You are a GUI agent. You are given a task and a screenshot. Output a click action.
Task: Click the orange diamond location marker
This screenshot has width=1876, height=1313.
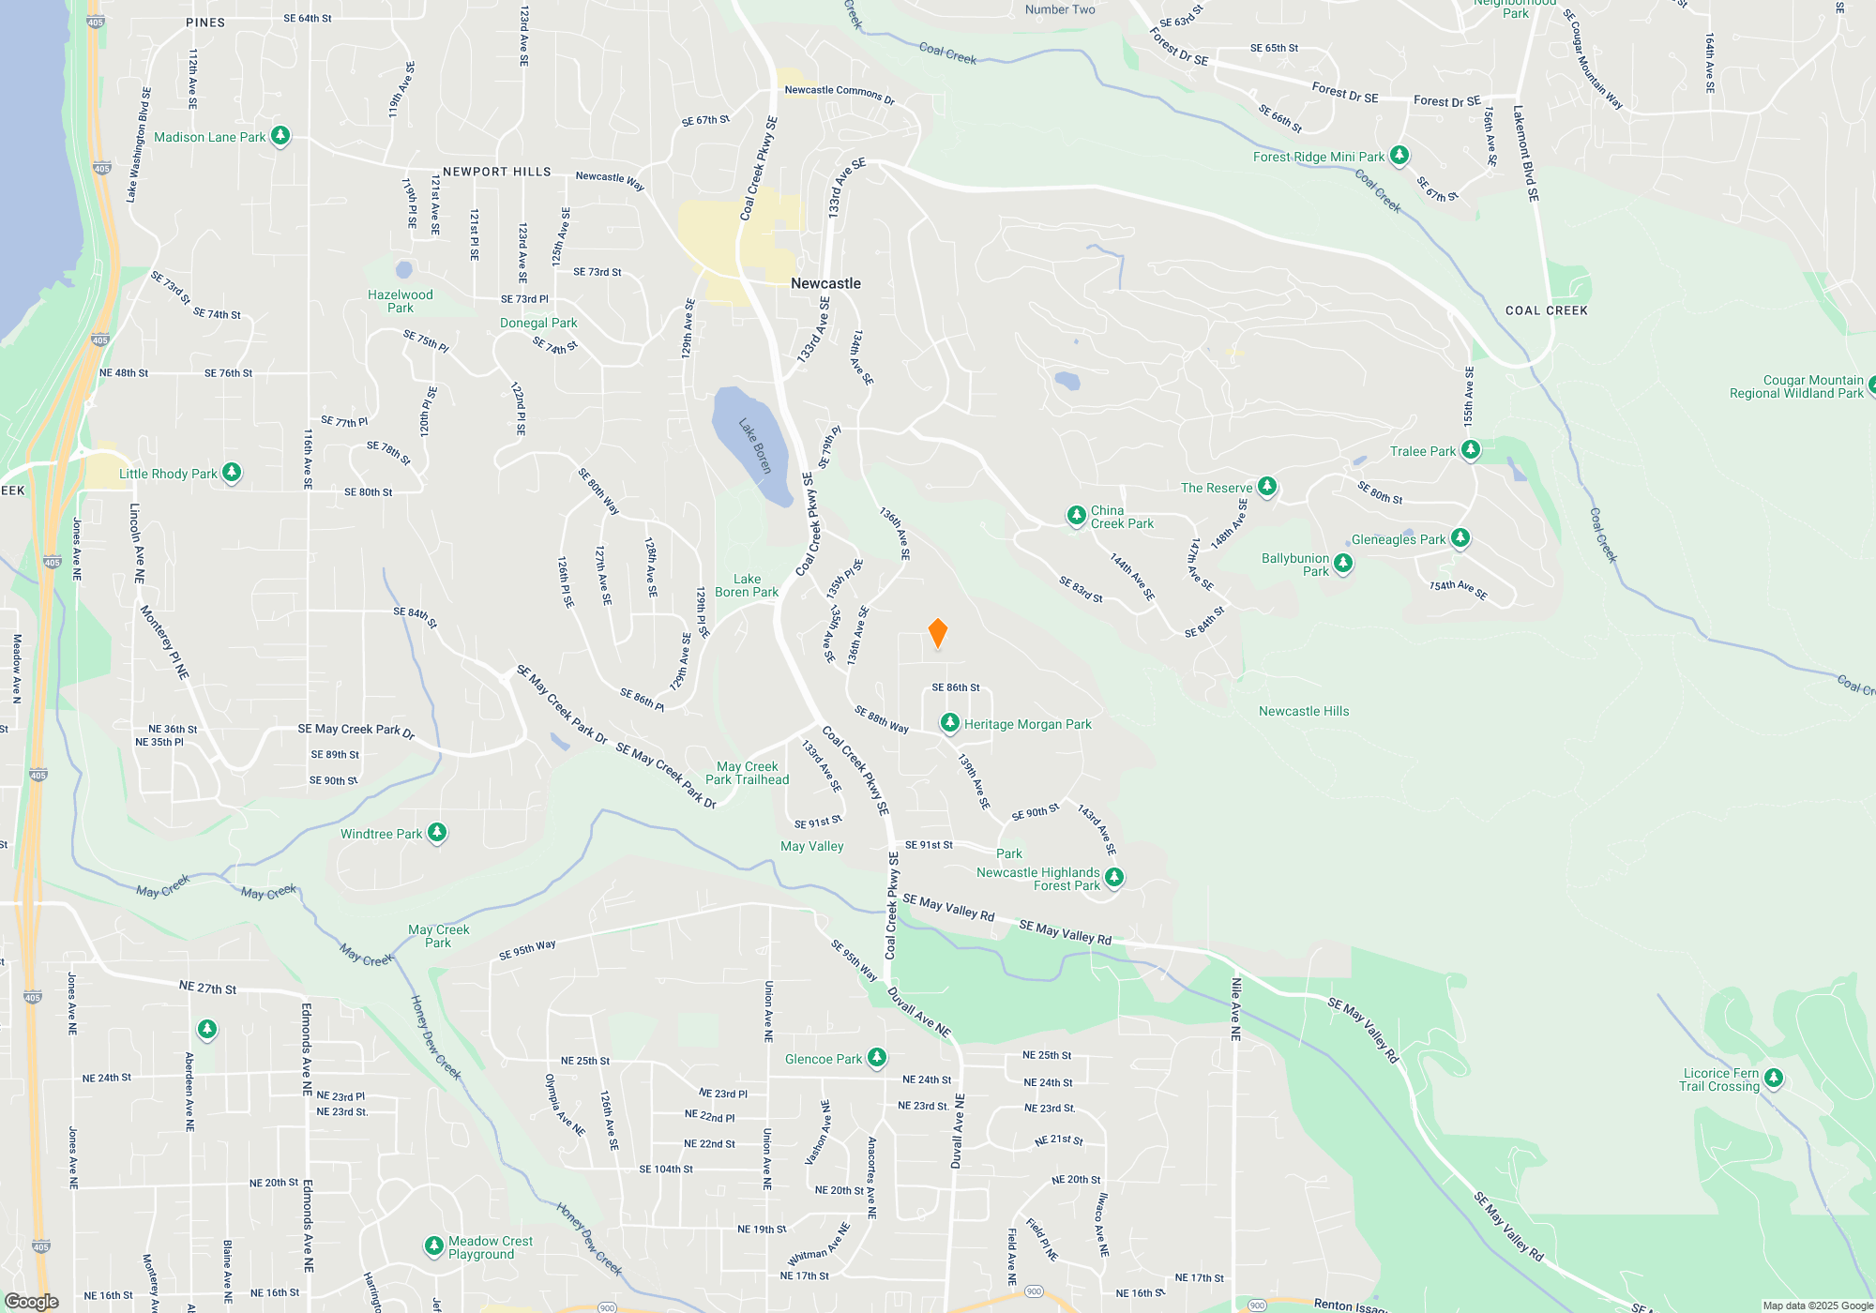[937, 633]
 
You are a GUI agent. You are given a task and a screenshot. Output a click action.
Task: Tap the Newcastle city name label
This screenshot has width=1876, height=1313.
[825, 283]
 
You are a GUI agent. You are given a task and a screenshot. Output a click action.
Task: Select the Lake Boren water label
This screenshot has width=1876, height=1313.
[755, 445]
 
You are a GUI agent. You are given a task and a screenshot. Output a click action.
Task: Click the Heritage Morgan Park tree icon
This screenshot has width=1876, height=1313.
[950, 723]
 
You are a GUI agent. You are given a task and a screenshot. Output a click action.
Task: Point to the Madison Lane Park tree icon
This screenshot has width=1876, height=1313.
[280, 136]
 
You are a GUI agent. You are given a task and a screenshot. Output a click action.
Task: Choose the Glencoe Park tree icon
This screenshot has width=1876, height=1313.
[877, 1058]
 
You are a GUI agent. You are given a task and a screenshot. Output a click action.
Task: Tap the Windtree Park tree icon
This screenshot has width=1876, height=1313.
[437, 833]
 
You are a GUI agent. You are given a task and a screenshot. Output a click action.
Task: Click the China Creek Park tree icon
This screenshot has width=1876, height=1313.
[1077, 516]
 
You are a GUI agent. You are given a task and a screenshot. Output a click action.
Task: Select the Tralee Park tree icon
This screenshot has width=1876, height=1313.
[1471, 450]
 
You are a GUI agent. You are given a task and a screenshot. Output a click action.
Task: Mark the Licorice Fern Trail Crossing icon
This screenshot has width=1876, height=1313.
[1773, 1078]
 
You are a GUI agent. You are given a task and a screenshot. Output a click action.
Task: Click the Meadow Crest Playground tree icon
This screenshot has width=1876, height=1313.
[433, 1245]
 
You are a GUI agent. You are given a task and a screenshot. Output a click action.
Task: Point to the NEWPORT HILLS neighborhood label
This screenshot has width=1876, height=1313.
[496, 172]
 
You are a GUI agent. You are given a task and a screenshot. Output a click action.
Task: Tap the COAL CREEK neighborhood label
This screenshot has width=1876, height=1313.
[1546, 310]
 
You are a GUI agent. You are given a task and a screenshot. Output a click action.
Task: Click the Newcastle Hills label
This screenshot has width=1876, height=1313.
[1304, 711]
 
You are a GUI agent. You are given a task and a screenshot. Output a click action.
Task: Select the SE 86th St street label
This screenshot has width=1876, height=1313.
[955, 687]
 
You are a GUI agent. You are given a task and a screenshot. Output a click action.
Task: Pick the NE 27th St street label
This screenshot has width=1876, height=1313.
[207, 988]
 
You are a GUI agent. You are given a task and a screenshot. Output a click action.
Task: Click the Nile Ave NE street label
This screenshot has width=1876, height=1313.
[1235, 1009]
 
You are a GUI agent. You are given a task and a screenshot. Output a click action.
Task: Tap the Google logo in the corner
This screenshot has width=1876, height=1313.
[32, 1302]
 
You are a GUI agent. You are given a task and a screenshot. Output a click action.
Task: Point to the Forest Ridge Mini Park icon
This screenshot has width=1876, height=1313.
[1399, 155]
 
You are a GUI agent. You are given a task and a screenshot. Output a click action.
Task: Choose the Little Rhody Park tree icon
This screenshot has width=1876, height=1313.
[232, 473]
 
